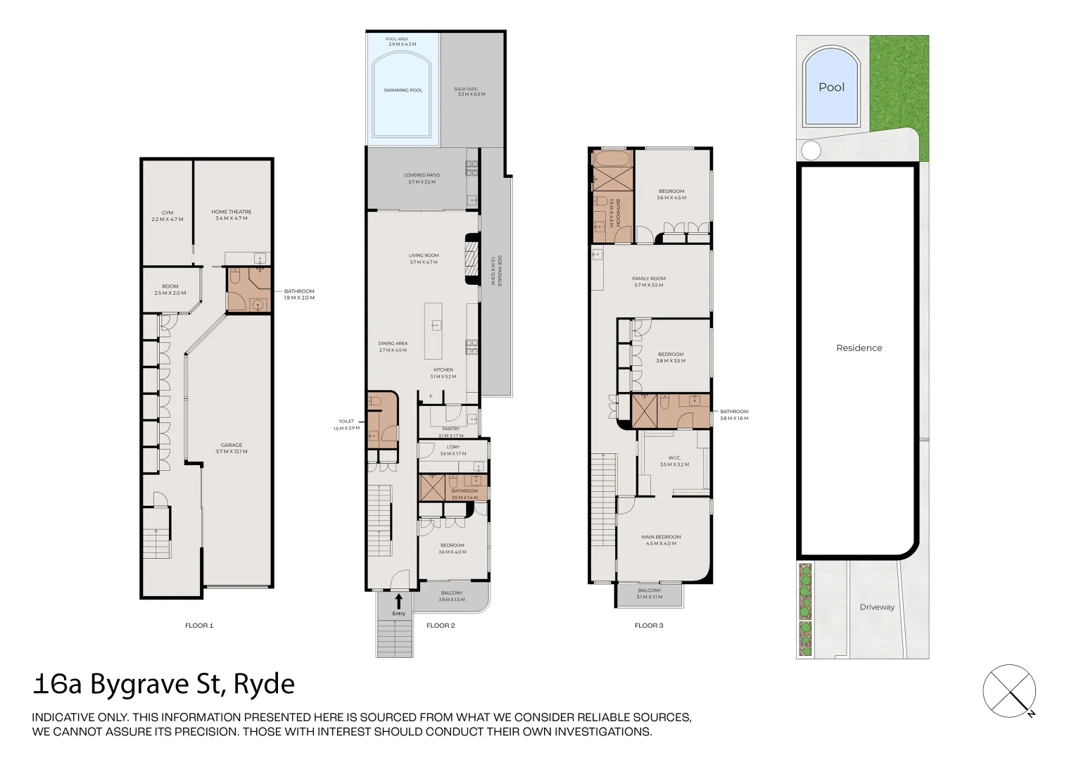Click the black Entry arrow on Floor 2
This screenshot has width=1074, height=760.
(x=398, y=601)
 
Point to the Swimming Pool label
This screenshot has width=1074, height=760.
(x=403, y=90)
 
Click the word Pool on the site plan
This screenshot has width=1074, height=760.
(x=831, y=87)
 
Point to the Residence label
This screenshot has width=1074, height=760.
(x=859, y=348)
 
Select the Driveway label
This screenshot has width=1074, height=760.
(x=877, y=607)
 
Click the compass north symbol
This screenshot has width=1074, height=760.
(x=1010, y=691)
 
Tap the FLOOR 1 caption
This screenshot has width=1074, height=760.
(x=198, y=625)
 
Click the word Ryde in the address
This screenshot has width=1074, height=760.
(x=264, y=684)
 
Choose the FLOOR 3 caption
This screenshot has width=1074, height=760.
(x=648, y=625)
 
